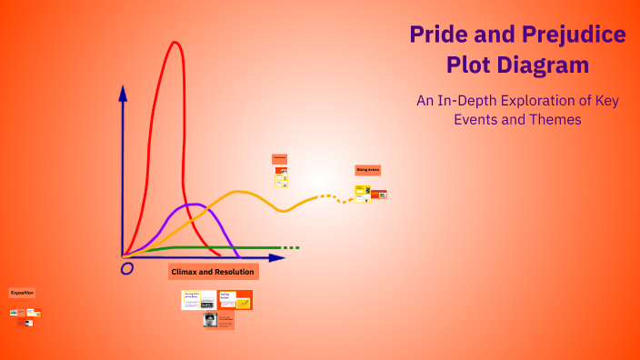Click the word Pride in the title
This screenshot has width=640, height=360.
coord(436,35)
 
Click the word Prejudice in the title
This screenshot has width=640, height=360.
coord(574,35)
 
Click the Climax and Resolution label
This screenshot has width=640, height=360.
coord(214,272)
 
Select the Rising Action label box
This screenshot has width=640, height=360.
coord(367,170)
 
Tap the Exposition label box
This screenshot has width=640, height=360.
coord(22,293)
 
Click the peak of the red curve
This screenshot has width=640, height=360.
coord(173,42)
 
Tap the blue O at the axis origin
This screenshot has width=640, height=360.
coord(127,268)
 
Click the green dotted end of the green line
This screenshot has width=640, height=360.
coord(290,247)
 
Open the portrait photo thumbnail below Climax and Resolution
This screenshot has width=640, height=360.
coord(210,320)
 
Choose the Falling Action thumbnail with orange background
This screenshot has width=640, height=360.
coord(235,299)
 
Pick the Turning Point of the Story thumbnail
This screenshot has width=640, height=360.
coord(198,299)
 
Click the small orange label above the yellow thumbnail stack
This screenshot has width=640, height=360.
coord(279,159)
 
